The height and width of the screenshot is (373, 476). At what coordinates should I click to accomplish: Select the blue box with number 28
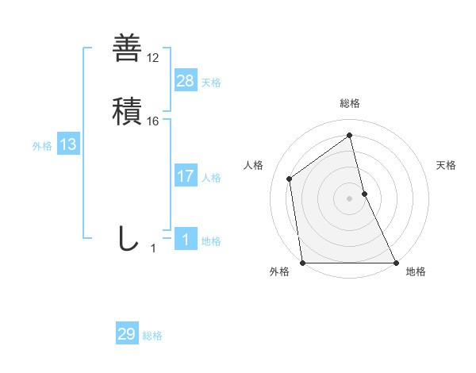coord(186,80)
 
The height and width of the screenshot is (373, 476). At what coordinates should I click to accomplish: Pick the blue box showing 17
coord(186,176)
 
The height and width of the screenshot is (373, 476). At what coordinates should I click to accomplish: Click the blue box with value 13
coord(68,144)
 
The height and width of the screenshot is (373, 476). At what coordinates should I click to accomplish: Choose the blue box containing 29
coord(127,334)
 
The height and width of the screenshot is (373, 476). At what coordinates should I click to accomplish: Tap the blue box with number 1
coord(186,239)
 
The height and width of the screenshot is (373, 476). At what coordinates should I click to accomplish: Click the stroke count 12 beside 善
coord(153,58)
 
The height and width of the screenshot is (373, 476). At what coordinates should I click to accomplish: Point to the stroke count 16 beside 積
coord(153,121)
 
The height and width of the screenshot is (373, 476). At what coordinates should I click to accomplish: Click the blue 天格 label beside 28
coord(211,83)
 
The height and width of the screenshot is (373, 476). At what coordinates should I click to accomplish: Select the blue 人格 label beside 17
coord(211,178)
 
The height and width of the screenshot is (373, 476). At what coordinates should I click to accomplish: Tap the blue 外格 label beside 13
coord(42,146)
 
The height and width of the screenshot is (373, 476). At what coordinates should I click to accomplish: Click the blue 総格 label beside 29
coord(152,336)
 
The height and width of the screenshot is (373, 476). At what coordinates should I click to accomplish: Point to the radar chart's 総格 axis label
coord(350,103)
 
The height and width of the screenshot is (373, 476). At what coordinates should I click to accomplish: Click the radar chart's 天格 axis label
coord(446,165)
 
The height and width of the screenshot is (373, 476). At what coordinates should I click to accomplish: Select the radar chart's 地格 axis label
coord(416,271)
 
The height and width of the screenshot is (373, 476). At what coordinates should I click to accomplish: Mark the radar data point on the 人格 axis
coord(290,179)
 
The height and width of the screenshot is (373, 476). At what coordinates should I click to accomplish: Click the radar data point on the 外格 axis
coord(302,263)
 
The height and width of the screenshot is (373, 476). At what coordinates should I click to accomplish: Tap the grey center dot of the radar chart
coord(349,198)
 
